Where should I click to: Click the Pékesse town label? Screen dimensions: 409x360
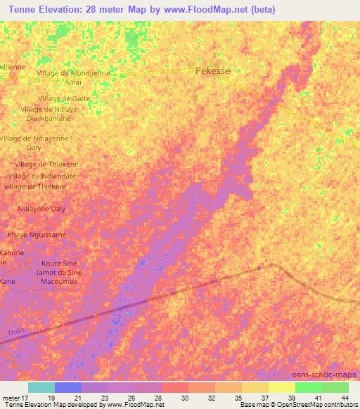click(x=212, y=71)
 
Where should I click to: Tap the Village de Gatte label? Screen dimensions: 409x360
click(x=65, y=98)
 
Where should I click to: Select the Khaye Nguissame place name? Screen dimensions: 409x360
click(x=37, y=235)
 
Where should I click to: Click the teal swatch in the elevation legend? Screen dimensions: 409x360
click(x=41, y=387)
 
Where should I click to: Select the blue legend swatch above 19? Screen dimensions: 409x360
click(x=68, y=387)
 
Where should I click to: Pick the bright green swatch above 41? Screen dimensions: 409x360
click(x=309, y=387)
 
